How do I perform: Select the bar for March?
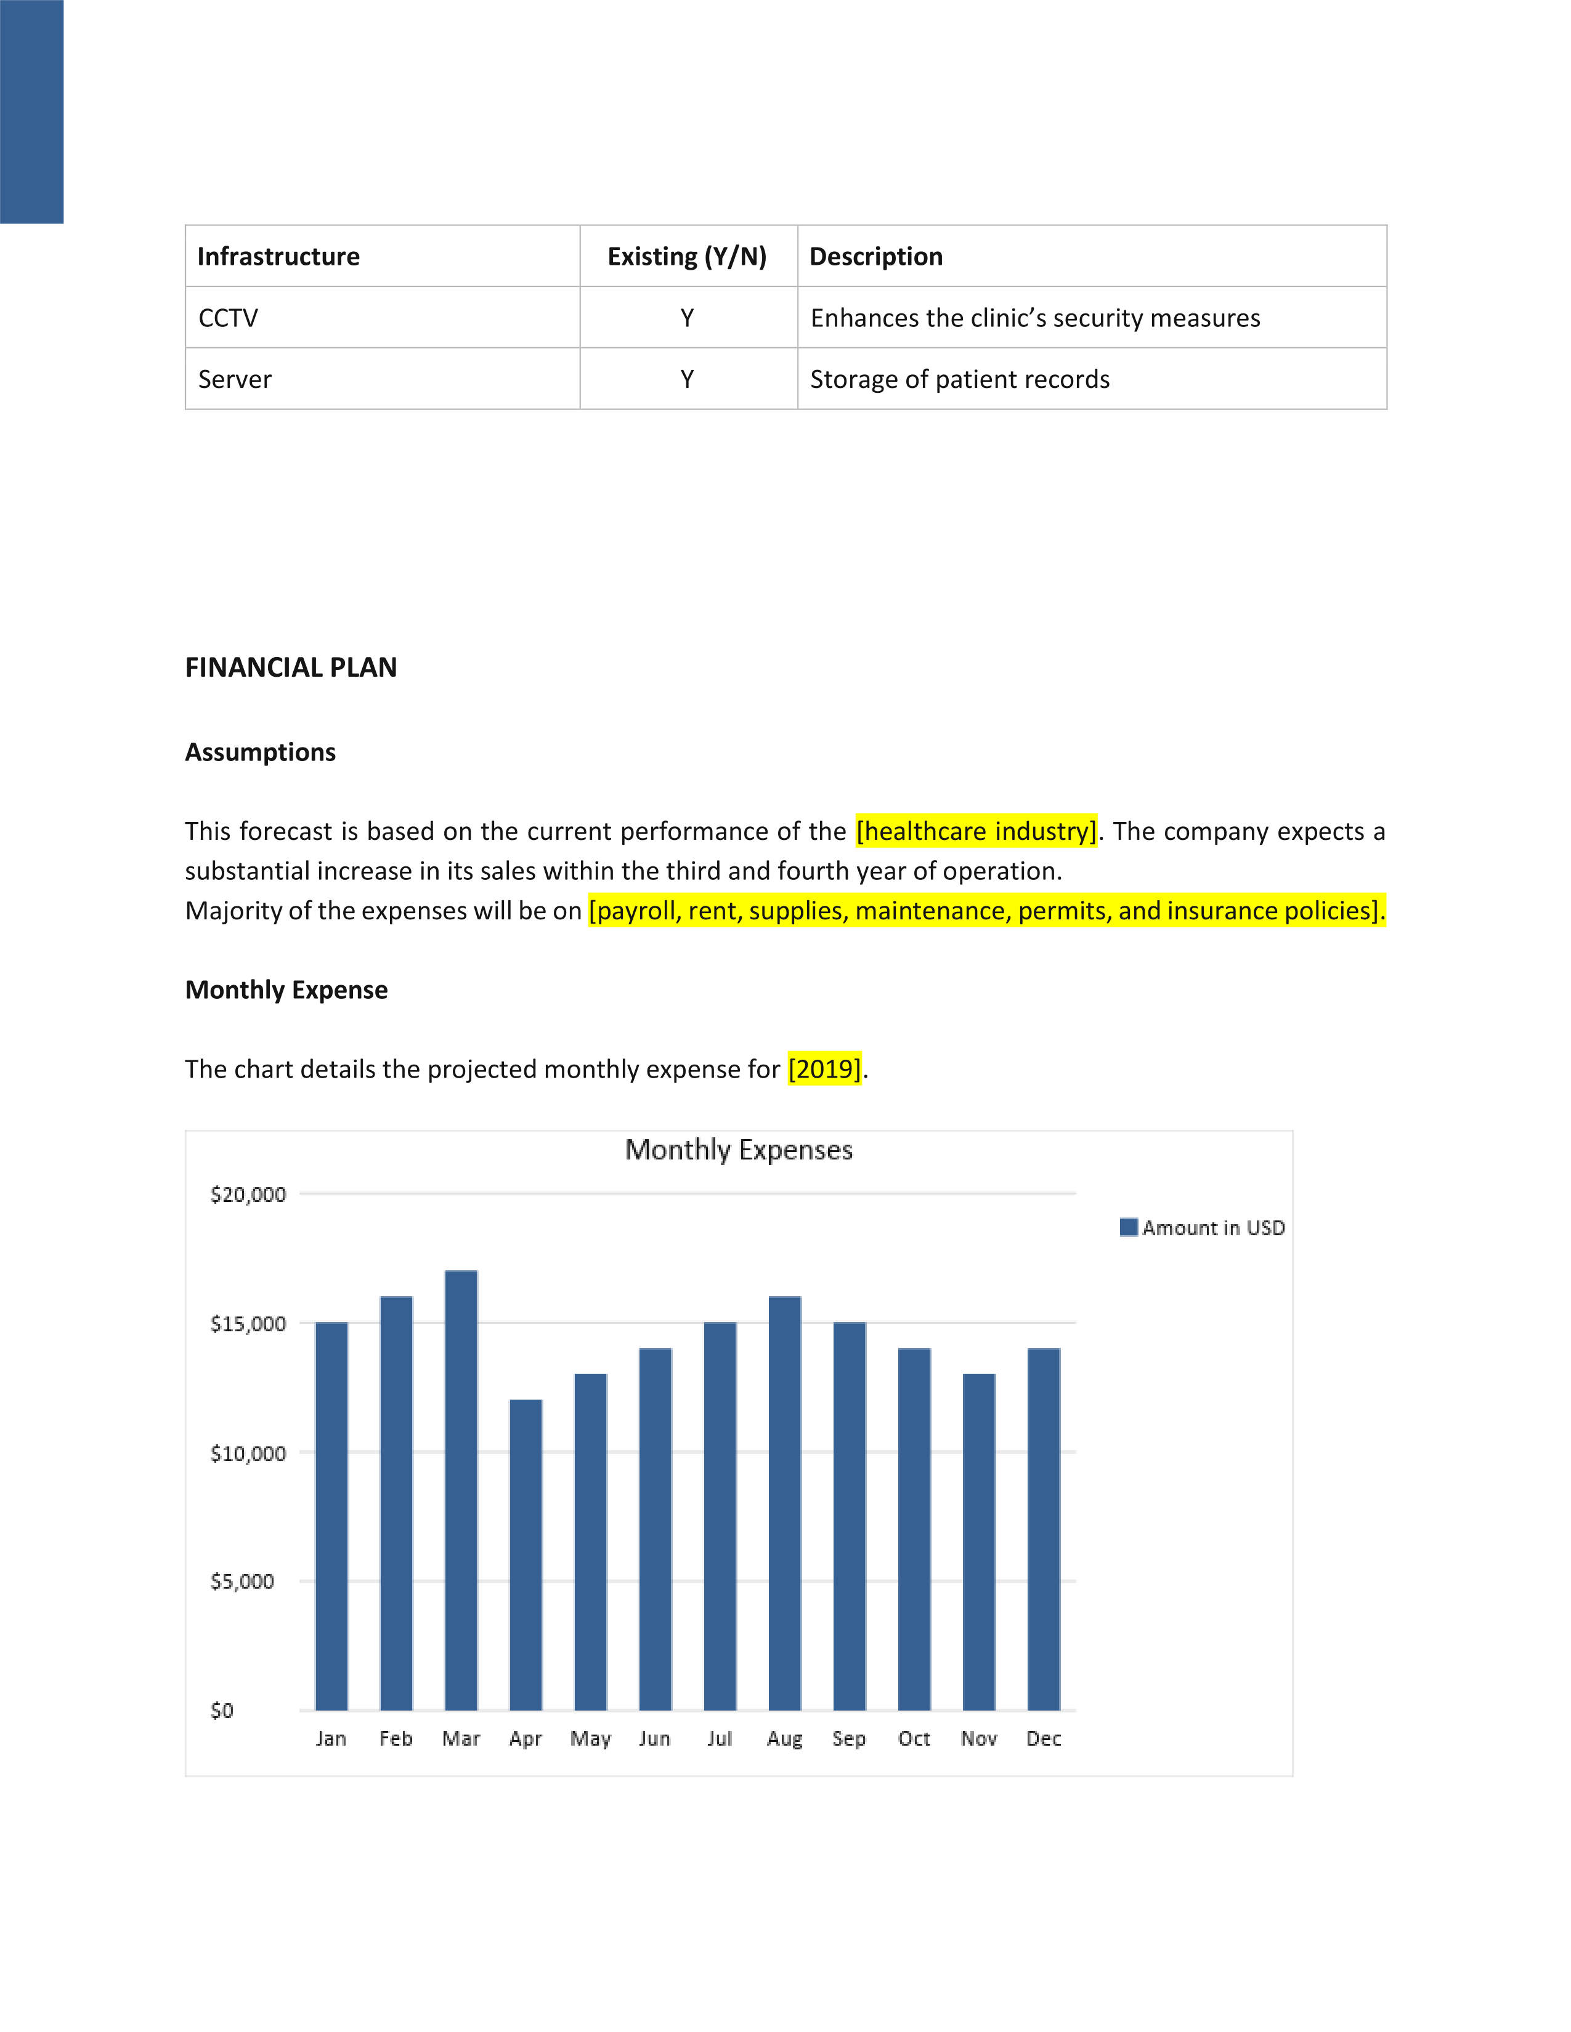(x=461, y=1489)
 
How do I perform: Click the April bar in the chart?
(x=526, y=1554)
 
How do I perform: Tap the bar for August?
(x=784, y=1502)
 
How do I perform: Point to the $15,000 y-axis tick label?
(x=248, y=1323)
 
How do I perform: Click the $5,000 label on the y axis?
(x=242, y=1581)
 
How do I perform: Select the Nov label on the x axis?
(x=978, y=1738)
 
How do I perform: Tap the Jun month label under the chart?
(x=654, y=1738)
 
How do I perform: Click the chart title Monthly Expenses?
(x=738, y=1150)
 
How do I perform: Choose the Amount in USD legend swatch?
(x=1128, y=1227)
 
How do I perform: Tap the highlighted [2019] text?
(x=824, y=1068)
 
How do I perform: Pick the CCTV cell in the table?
(x=228, y=318)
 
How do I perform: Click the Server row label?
(x=235, y=379)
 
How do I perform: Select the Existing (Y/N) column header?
(x=687, y=257)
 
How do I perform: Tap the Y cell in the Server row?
(x=687, y=379)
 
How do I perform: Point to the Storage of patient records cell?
(x=959, y=379)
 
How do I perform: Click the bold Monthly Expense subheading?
(x=286, y=989)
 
